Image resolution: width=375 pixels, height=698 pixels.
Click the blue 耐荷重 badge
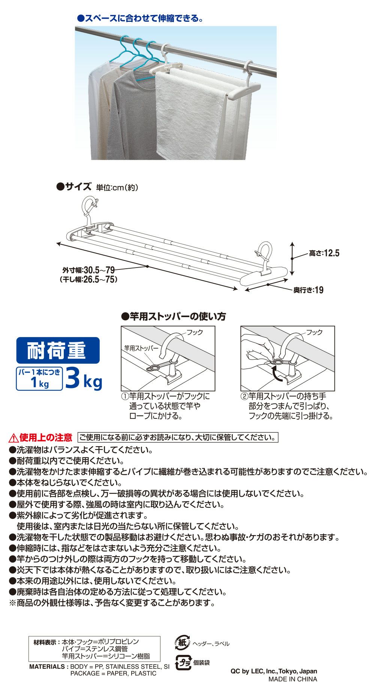[58, 350]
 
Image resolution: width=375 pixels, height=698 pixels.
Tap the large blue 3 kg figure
[83, 378]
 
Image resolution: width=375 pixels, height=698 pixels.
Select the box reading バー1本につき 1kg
[39, 378]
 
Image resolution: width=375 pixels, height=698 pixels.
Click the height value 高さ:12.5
[324, 253]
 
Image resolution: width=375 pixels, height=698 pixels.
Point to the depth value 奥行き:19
[308, 290]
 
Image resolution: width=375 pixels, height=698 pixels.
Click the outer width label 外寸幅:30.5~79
[88, 270]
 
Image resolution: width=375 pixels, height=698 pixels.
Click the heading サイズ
[73, 187]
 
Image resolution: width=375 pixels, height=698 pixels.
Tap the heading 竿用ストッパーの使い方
[174, 317]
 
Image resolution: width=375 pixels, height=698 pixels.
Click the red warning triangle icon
[13, 438]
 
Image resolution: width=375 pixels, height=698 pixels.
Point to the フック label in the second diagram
[314, 332]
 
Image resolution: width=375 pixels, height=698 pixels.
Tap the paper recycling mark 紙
[182, 642]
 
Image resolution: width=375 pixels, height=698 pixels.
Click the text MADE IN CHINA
[292, 679]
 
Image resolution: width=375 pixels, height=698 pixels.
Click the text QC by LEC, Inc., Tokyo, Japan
[274, 671]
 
